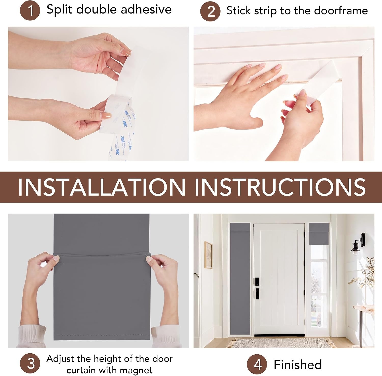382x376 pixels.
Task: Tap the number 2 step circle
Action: pos(210,11)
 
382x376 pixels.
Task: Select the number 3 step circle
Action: pos(30,363)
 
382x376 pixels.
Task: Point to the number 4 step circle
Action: pos(257,365)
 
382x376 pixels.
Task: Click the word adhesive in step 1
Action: pos(146,9)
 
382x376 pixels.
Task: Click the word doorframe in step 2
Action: pos(341,11)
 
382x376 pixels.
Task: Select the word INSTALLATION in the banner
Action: pos(102,187)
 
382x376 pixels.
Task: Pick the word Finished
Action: pos(298,365)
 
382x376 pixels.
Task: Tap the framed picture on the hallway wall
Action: pos(208,255)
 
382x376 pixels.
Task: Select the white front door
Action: pos(279,280)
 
